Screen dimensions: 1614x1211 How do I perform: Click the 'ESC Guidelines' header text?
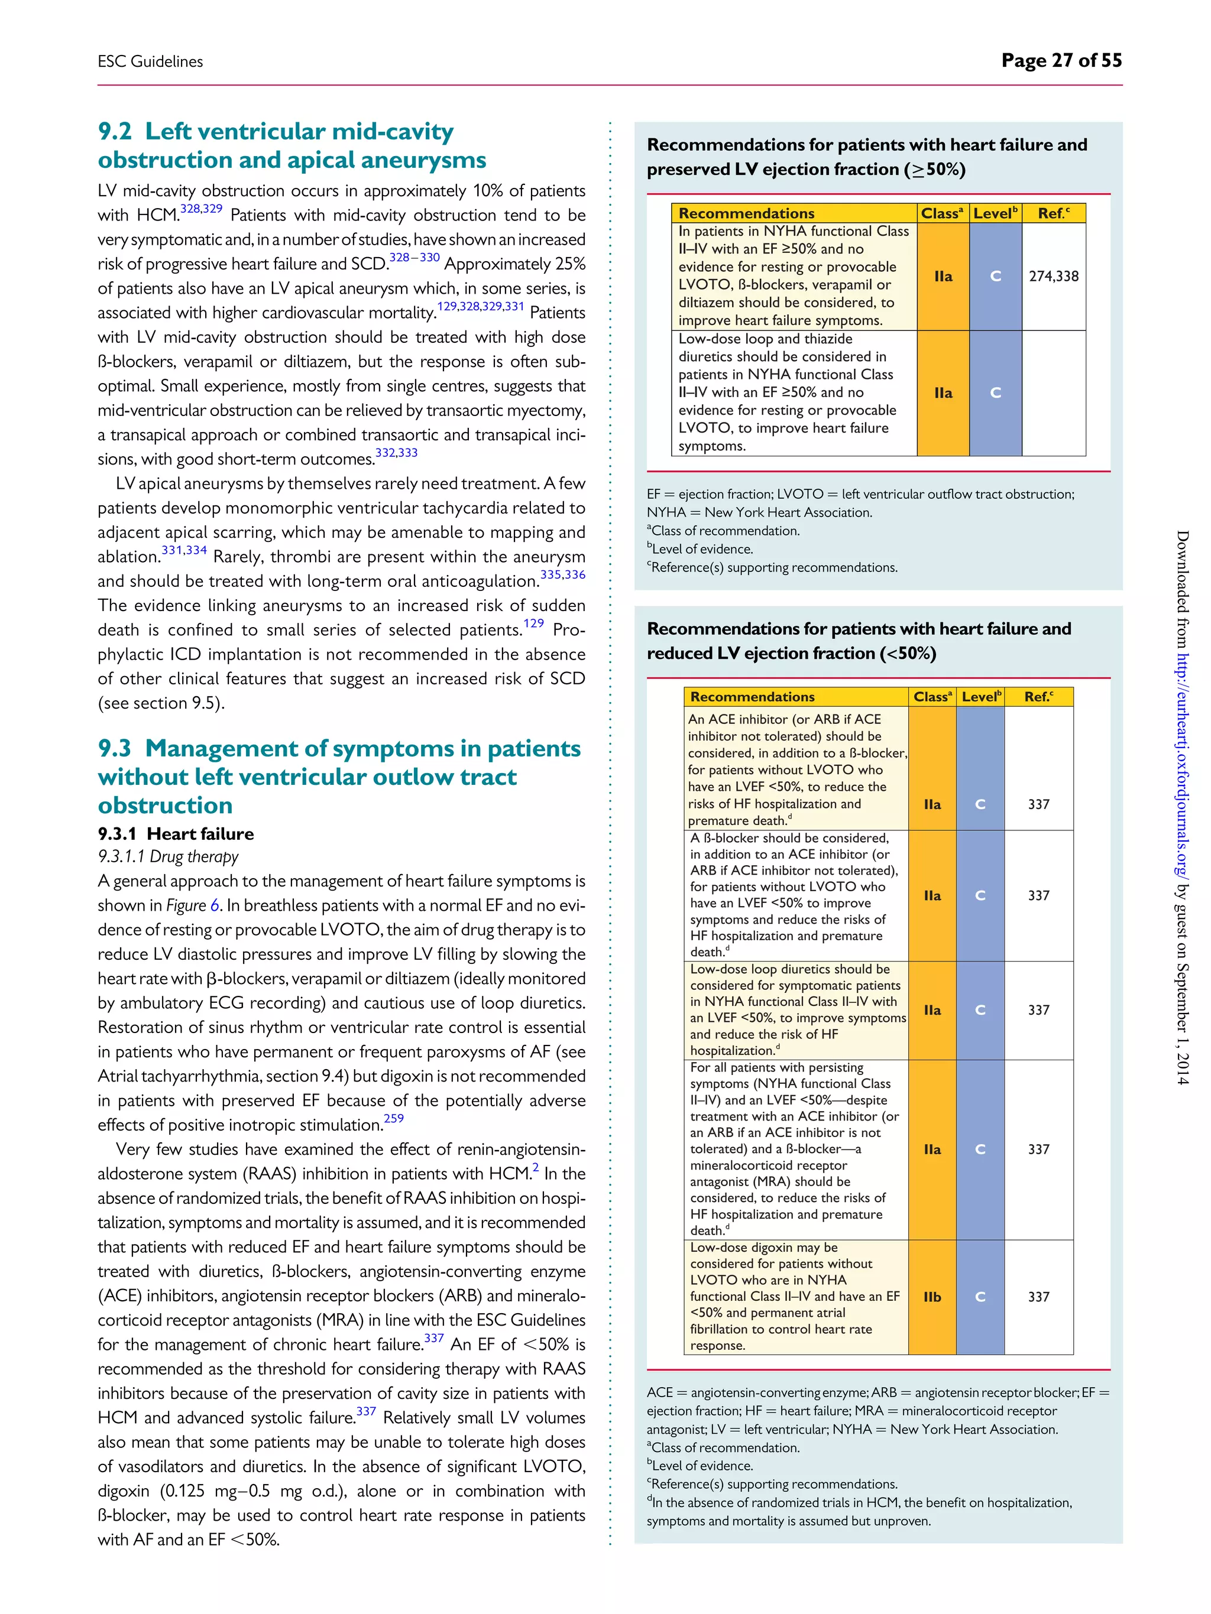point(150,62)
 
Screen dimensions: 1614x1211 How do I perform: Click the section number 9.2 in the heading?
point(115,131)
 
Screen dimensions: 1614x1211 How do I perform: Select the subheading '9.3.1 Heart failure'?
point(176,833)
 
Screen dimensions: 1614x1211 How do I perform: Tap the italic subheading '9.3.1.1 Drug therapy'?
point(169,856)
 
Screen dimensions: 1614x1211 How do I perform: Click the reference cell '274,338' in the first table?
point(1053,277)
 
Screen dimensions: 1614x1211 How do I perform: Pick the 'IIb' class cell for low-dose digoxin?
point(932,1297)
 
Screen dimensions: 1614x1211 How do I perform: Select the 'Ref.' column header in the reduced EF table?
point(1038,697)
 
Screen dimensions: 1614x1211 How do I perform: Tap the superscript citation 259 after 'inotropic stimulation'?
point(393,1118)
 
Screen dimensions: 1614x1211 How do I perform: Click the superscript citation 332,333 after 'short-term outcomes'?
point(396,452)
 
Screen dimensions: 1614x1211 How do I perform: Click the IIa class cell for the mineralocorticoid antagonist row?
point(932,1149)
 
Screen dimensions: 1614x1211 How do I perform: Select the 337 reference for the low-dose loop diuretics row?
point(1038,1011)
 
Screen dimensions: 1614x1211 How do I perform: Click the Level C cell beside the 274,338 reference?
point(995,277)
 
